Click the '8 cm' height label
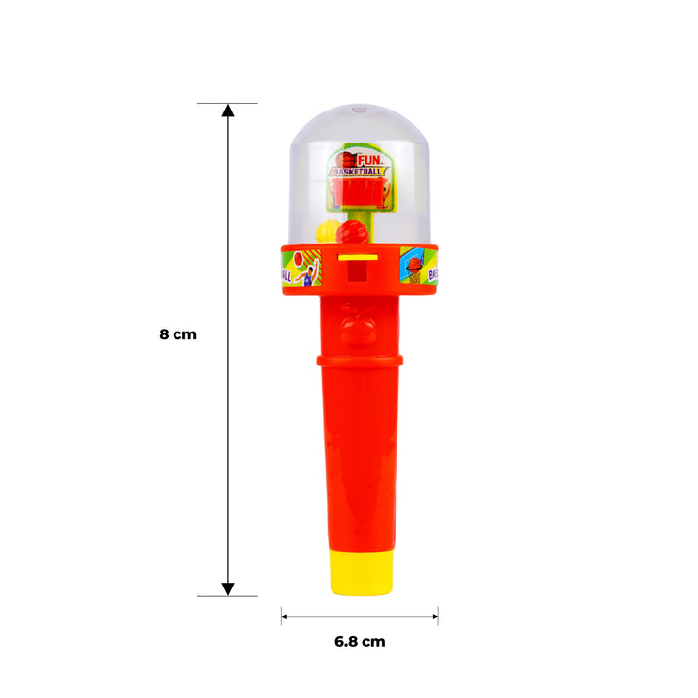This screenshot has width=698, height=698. (177, 333)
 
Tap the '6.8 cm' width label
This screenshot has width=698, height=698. (359, 641)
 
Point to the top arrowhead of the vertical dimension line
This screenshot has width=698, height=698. (228, 111)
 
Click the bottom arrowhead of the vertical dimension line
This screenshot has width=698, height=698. (228, 588)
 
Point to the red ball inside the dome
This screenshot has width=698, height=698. (354, 234)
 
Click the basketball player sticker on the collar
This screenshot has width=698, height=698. (303, 267)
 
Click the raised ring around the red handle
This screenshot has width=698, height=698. (359, 362)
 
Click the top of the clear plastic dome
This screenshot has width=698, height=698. (359, 108)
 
